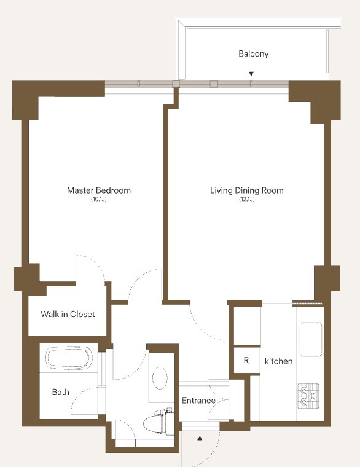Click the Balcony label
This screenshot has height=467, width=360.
pyautogui.click(x=253, y=54)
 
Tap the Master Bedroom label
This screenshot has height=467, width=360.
pyautogui.click(x=99, y=190)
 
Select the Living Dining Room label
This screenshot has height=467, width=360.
pyautogui.click(x=247, y=190)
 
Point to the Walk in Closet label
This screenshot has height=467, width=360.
pyautogui.click(x=68, y=314)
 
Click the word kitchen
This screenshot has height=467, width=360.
pyautogui.click(x=279, y=361)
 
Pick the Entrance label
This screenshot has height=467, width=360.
pyautogui.click(x=198, y=401)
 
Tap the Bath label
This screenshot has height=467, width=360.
pyautogui.click(x=60, y=392)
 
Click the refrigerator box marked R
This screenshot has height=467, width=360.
pyautogui.click(x=246, y=360)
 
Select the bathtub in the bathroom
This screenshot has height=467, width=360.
pyautogui.click(x=69, y=358)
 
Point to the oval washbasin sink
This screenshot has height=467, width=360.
pyautogui.click(x=160, y=378)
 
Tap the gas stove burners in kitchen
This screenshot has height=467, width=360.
pyautogui.click(x=308, y=396)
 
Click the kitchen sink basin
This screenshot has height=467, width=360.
pyautogui.click(x=311, y=339)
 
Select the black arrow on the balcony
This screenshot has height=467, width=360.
pyautogui.click(x=251, y=74)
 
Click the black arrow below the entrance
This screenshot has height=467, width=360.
pyautogui.click(x=200, y=438)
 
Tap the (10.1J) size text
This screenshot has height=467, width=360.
pyautogui.click(x=99, y=199)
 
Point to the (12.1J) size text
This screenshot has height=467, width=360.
pyautogui.click(x=247, y=199)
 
